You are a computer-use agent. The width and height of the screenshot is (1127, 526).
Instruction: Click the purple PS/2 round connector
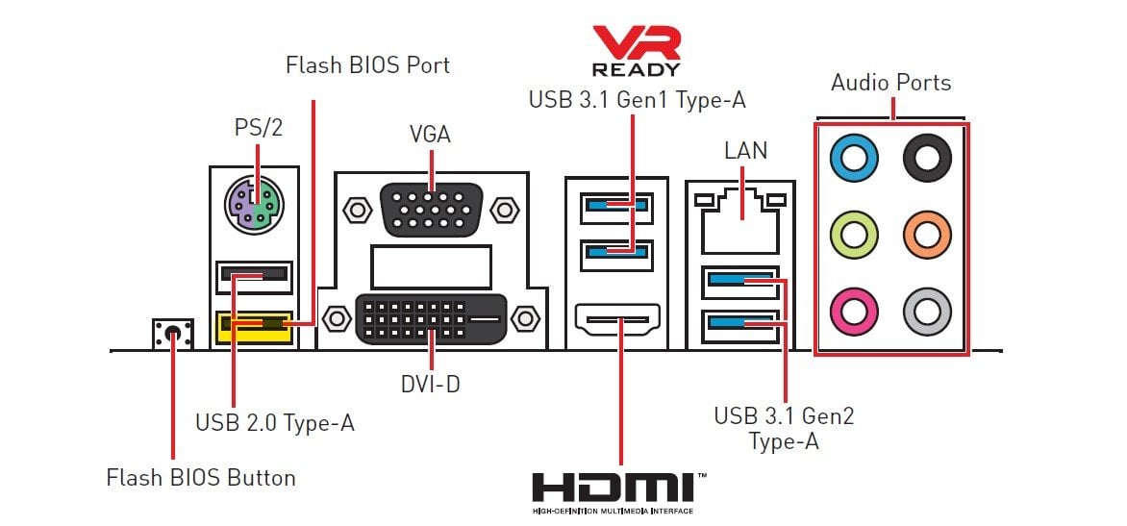(254, 205)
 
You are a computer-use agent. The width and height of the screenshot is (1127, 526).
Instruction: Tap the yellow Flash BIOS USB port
(254, 327)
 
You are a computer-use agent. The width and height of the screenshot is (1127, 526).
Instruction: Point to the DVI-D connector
(432, 318)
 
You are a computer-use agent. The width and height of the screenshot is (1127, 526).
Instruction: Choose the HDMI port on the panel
(618, 319)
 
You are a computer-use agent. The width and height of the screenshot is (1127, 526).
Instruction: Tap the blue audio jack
(854, 157)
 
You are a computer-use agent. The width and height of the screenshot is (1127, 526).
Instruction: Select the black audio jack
(927, 157)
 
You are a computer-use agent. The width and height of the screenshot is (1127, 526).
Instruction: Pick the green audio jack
(854, 234)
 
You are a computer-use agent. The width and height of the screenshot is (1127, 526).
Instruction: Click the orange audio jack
(927, 234)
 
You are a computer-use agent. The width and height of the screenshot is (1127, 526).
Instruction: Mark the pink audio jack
(854, 311)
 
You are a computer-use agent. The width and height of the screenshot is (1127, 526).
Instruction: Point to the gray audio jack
(927, 311)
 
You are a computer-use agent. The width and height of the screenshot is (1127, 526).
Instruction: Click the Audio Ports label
(890, 83)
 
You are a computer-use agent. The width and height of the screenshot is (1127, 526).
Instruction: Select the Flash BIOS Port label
(367, 65)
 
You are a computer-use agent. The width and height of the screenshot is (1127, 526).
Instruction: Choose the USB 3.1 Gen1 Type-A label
(637, 99)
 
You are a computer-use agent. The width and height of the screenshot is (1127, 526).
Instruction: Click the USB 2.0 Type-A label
(275, 422)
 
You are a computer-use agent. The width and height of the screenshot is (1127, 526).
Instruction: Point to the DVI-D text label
(430, 385)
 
